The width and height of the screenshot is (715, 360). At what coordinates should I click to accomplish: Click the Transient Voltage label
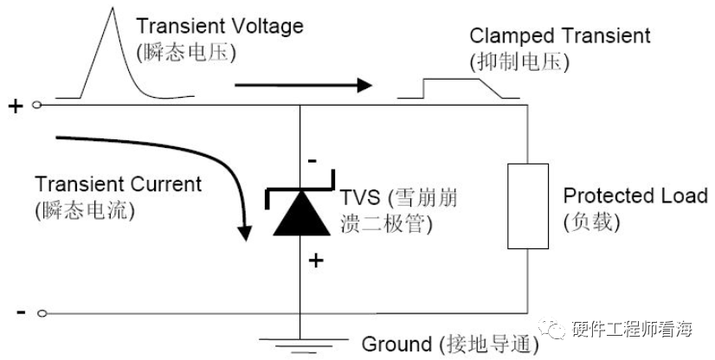220,26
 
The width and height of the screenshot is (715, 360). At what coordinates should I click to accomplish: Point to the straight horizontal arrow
303,86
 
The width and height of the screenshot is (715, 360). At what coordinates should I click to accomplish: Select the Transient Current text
118,184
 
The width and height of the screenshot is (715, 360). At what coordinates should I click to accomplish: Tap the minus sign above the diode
312,161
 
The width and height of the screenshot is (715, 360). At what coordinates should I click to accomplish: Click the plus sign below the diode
316,260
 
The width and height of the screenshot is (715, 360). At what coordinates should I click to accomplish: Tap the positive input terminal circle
37,106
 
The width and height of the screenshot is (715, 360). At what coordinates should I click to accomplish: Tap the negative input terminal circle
37,312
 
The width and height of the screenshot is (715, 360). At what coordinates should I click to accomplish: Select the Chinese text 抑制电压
519,62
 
